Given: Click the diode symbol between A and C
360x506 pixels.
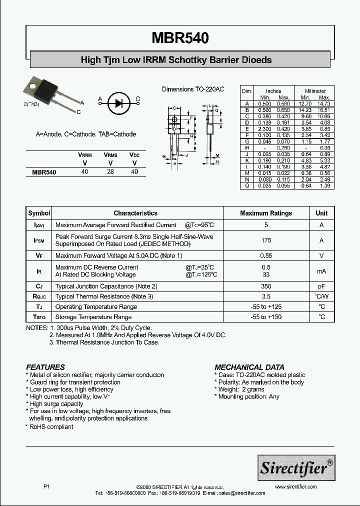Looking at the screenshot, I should (x=118, y=103).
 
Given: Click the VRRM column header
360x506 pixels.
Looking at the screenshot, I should (x=85, y=155).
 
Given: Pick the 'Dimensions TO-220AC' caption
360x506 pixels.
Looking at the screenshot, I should (x=192, y=89).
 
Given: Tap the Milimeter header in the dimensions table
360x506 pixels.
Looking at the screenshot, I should (x=313, y=91).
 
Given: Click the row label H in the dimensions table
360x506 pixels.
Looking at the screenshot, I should (x=246, y=148).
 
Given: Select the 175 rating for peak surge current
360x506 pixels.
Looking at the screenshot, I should (x=266, y=240).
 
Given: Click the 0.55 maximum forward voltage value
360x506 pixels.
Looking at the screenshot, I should (x=266, y=255).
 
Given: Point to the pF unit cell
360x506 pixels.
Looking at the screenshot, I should (x=321, y=286).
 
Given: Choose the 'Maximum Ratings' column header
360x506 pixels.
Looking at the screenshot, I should (x=266, y=213).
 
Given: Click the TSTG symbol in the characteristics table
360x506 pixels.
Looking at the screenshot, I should (x=39, y=317).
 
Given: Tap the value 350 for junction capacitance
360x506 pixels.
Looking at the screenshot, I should (x=266, y=286).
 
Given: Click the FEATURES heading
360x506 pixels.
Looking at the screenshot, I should (x=45, y=367).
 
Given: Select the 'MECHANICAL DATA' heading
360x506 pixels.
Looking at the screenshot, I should (x=249, y=367).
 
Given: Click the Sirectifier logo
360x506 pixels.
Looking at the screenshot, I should (x=295, y=467).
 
